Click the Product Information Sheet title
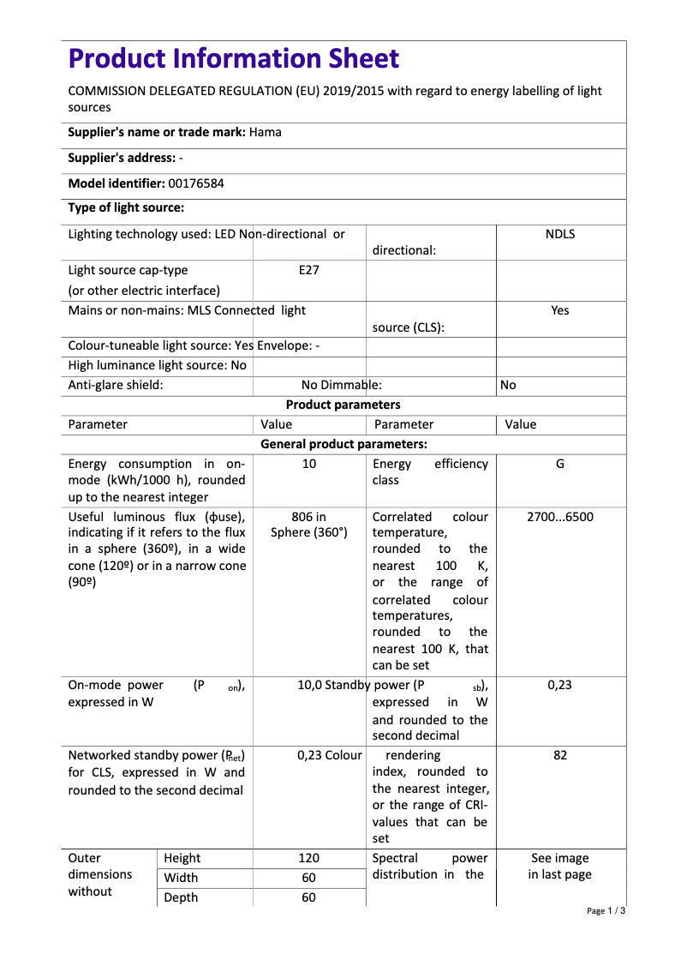point(233,59)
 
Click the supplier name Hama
point(265,132)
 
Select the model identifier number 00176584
point(196,183)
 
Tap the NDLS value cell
point(559,234)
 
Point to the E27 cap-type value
point(308,270)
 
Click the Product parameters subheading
point(343,405)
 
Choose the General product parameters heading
point(343,444)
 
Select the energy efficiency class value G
point(559,464)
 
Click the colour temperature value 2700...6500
point(559,517)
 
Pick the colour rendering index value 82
point(559,755)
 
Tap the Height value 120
point(308,858)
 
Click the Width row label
point(180,878)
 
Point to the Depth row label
point(180,897)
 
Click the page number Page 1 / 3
point(606,910)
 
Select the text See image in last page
point(559,867)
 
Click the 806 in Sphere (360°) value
point(308,525)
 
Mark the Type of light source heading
point(126,207)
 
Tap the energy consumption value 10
point(308,464)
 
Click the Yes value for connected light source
point(559,310)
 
